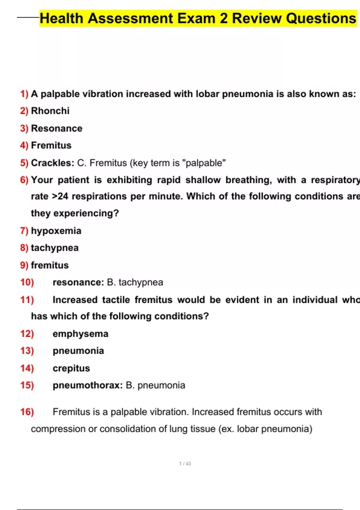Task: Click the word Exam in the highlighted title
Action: (196, 18)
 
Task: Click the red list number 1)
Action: (24, 94)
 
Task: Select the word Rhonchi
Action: (50, 111)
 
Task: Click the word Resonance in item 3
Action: (57, 128)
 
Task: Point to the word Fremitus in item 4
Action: (51, 145)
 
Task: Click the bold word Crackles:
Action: (52, 163)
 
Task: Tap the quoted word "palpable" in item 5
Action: (204, 163)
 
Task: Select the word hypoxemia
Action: (56, 231)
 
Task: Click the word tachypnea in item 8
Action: (55, 248)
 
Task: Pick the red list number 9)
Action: (24, 265)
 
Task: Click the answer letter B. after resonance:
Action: (111, 282)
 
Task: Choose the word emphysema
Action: (80, 334)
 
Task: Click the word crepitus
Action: (71, 368)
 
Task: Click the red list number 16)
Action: (27, 412)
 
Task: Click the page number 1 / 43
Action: (185, 463)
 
